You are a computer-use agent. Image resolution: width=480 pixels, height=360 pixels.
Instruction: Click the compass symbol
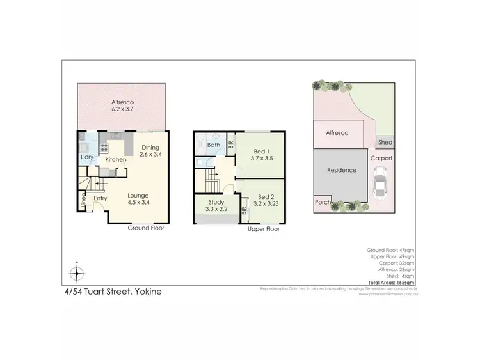click(x=77, y=274)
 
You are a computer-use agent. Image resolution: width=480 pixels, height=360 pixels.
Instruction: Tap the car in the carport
click(x=380, y=184)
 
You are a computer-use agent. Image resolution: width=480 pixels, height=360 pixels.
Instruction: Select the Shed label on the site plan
click(x=385, y=143)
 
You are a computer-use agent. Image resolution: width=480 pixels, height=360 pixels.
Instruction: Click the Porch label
click(x=322, y=202)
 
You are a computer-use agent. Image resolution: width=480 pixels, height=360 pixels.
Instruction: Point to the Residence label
click(x=341, y=171)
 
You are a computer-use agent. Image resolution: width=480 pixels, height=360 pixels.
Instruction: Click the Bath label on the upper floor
click(x=214, y=145)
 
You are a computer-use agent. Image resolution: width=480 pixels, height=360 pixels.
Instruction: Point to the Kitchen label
click(x=116, y=159)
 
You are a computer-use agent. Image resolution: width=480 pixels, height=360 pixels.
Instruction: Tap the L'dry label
click(x=88, y=157)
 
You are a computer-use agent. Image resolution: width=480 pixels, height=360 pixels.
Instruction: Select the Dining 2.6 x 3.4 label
click(x=150, y=152)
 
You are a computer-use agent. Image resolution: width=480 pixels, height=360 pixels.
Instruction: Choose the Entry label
click(x=101, y=198)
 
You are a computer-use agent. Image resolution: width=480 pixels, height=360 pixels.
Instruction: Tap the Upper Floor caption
click(x=264, y=228)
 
